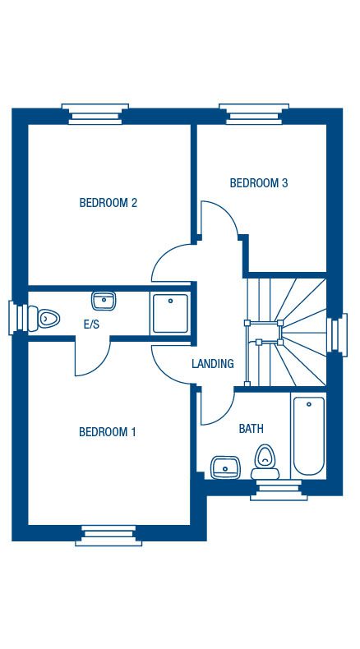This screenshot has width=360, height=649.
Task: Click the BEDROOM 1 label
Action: (108, 432)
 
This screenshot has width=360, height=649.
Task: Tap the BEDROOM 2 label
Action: (108, 203)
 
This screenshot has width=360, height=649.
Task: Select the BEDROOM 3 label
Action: (259, 183)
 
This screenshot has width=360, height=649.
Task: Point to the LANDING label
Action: (213, 364)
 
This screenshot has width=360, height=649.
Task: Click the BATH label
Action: (251, 429)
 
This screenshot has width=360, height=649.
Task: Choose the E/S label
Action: (91, 324)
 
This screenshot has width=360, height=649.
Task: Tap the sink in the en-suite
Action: (104, 301)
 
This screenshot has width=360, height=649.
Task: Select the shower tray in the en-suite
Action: (170, 313)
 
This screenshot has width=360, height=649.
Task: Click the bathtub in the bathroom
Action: (309, 436)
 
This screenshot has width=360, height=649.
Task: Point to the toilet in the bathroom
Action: (265, 462)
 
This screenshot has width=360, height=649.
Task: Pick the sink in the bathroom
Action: (225, 467)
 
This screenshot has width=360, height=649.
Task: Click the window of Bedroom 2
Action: (95, 114)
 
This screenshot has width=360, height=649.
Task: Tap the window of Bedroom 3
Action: (254, 114)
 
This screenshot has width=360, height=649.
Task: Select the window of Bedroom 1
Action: (108, 536)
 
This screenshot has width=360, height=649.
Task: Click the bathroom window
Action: (279, 490)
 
